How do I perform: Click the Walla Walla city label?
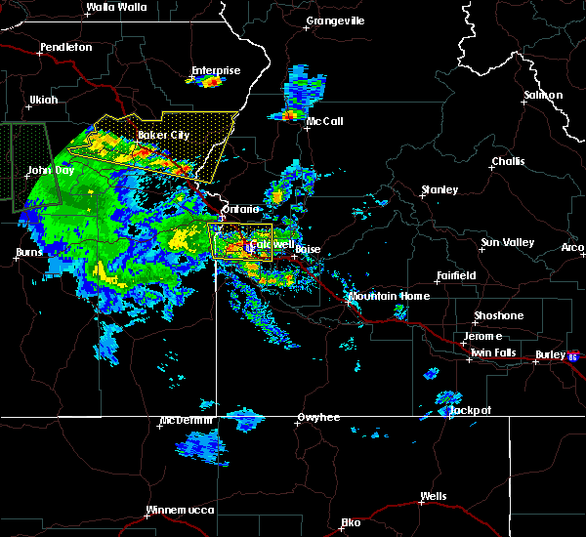click(x=115, y=7)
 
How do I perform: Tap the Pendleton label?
click(x=66, y=47)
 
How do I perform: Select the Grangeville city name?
click(x=335, y=21)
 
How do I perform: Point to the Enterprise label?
click(x=216, y=70)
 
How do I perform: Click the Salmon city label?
click(x=543, y=95)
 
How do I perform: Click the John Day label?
click(x=51, y=170)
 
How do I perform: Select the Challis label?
click(x=508, y=161)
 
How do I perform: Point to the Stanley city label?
click(x=439, y=189)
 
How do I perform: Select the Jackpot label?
click(x=470, y=411)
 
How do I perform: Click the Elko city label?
click(x=351, y=522)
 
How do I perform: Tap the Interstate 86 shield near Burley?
click(x=574, y=356)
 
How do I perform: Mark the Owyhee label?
click(x=319, y=418)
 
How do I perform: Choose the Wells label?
click(x=433, y=497)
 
